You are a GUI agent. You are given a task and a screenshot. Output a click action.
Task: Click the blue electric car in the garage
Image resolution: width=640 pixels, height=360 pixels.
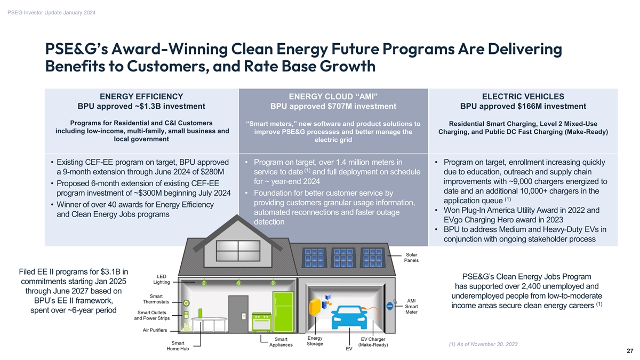[349, 318]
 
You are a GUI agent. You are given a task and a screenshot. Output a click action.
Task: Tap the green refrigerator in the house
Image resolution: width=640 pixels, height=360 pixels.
[283, 311]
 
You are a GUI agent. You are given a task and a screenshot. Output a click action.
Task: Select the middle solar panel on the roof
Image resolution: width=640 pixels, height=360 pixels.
[343, 258]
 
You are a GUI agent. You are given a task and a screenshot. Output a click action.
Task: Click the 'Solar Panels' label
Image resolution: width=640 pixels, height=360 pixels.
[411, 258]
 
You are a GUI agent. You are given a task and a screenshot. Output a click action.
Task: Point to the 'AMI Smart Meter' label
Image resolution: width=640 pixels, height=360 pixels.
[411, 306]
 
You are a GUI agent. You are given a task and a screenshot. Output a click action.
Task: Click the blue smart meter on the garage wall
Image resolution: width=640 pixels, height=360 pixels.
[390, 306]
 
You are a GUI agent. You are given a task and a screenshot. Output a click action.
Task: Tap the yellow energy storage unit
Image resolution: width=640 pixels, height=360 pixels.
[315, 307]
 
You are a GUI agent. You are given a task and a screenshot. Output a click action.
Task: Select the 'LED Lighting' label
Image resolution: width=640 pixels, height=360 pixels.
[162, 279]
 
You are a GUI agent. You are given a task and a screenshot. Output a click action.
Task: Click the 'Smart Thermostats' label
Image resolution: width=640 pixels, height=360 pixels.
[156, 299]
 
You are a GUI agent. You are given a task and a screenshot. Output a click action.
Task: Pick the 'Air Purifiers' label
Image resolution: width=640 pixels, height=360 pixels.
[155, 330]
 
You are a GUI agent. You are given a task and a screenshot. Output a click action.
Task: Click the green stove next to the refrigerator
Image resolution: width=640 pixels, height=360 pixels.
[261, 322]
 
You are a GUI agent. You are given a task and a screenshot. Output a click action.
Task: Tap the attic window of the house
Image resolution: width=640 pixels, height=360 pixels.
[238, 251]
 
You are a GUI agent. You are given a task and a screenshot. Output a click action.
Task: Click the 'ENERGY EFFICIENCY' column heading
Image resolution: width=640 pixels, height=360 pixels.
[141, 97]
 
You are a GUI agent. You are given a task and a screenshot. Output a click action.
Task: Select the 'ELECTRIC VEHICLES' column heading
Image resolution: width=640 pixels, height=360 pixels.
[523, 97]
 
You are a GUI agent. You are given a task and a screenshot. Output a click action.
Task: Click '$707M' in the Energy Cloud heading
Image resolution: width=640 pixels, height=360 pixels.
[341, 106]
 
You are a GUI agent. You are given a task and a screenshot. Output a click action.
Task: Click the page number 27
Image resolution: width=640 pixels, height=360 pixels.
[630, 351]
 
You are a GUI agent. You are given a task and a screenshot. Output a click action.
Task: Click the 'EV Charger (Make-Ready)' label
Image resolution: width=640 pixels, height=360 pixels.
[373, 342]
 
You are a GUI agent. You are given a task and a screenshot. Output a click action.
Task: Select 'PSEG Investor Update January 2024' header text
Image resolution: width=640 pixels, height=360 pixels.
[51, 13]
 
